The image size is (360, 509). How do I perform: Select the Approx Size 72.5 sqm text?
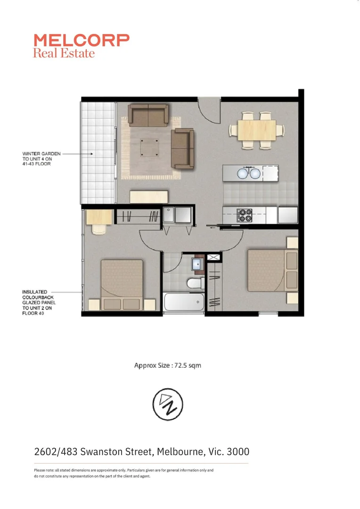coord(167,365)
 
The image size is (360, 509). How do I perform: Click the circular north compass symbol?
coord(167,404)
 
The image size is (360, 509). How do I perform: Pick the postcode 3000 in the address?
coord(238,452)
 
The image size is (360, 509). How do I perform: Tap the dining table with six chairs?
coord(257,130)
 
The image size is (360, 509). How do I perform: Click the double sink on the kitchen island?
coord(248,173)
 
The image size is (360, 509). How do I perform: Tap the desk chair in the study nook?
coord(99,229)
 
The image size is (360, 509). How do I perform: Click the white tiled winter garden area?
coord(98,151)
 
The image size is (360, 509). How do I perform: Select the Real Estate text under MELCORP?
coord(64,53)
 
